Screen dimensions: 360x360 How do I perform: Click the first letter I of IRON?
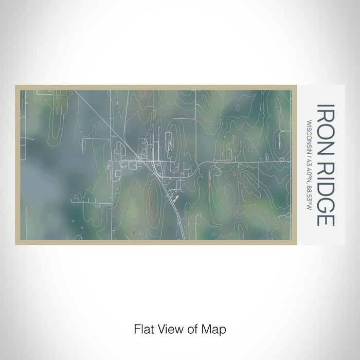(326, 106)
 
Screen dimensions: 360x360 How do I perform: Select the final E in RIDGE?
(326, 219)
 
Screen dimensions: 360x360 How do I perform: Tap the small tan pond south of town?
(175, 198)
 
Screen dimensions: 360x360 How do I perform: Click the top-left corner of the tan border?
(16, 86)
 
